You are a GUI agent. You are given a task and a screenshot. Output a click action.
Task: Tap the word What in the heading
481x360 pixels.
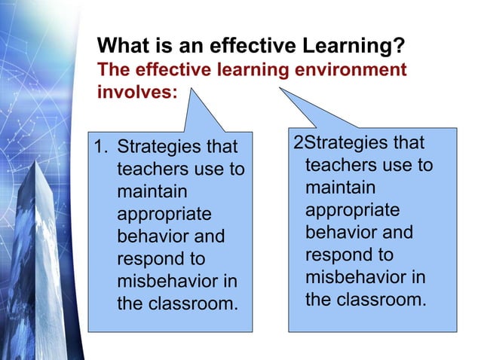tap(121, 47)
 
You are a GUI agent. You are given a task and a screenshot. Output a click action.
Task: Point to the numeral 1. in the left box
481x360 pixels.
tap(100, 145)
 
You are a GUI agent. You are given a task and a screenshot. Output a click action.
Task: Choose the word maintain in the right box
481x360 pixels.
tap(340, 187)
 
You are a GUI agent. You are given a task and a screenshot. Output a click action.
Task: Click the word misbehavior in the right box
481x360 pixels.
tap(366, 277)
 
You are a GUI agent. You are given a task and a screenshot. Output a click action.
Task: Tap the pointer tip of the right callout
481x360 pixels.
tap(280, 88)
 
